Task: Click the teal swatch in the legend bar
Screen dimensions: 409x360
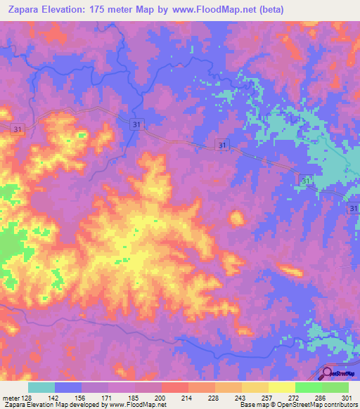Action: point(41,387)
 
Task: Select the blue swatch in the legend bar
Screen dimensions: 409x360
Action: point(68,387)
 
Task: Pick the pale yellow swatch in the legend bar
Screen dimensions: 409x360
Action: point(282,387)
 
